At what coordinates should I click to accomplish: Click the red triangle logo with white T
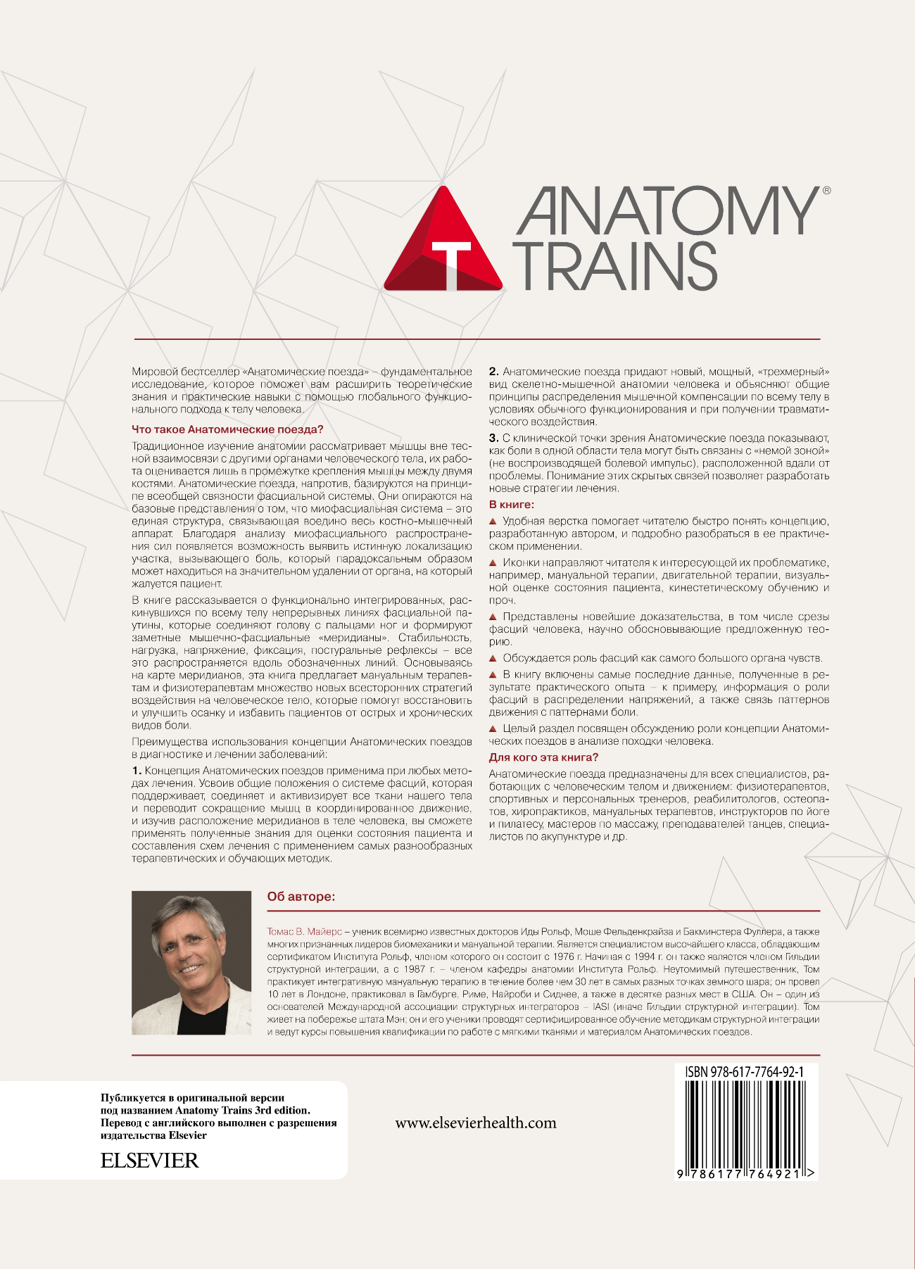coord(443,243)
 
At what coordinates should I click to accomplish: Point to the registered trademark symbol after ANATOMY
coord(826,190)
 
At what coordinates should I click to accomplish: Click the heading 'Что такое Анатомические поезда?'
coord(227,429)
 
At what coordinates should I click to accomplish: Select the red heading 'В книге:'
coord(512,505)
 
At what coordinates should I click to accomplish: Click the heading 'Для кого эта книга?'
coord(543,757)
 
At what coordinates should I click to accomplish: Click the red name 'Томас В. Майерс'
coord(304,931)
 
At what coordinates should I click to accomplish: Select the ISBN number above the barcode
coord(744,1072)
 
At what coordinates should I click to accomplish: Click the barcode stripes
coord(744,1123)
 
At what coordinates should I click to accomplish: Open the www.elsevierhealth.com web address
coord(476,1123)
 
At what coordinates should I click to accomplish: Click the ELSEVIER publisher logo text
coord(149,1161)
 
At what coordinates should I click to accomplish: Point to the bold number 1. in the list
coord(137,771)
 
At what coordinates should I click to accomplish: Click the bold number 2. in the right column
coord(493,372)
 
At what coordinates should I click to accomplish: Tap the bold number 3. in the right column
coord(493,438)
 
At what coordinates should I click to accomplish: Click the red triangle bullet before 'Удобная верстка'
coord(493,522)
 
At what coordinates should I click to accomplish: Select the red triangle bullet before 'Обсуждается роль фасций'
coord(493,658)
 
